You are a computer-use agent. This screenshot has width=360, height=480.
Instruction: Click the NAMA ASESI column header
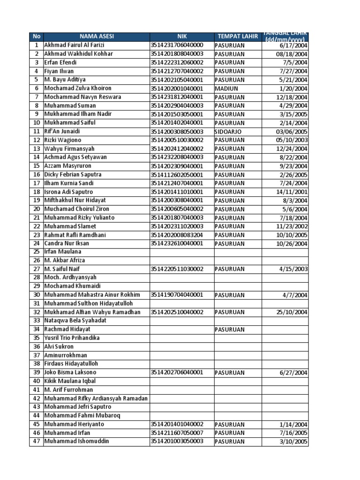96,37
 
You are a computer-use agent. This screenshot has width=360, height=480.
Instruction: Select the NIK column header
182,37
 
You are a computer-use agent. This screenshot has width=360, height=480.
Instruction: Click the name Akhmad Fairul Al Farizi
74,45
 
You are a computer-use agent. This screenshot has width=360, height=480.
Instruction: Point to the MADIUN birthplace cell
226,89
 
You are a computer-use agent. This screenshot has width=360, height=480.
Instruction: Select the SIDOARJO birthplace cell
230,132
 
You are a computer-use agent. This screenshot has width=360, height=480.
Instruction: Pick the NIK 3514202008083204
177,235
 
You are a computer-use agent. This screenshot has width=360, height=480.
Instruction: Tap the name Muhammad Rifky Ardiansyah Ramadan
96,398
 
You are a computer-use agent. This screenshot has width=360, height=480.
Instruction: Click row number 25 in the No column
36,252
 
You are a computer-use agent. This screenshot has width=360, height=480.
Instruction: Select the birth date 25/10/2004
292,312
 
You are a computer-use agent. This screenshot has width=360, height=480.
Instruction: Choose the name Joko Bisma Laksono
71,373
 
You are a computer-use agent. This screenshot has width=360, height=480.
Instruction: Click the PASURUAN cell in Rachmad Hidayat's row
230,330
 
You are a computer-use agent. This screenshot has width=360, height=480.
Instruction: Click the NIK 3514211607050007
177,433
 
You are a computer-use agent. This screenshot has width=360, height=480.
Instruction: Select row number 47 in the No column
36,442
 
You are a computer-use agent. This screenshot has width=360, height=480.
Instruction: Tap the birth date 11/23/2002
292,226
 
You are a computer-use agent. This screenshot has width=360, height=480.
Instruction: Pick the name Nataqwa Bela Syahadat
75,321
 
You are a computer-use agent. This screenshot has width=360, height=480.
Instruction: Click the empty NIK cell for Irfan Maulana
182,252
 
